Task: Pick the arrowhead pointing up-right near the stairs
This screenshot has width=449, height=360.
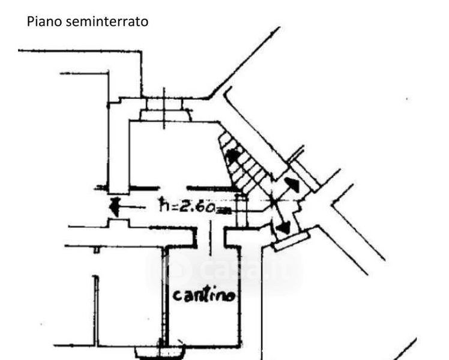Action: (294, 184)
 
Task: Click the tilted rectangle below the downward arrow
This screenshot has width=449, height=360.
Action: (292, 239)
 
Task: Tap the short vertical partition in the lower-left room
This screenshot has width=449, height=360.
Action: (94, 309)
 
